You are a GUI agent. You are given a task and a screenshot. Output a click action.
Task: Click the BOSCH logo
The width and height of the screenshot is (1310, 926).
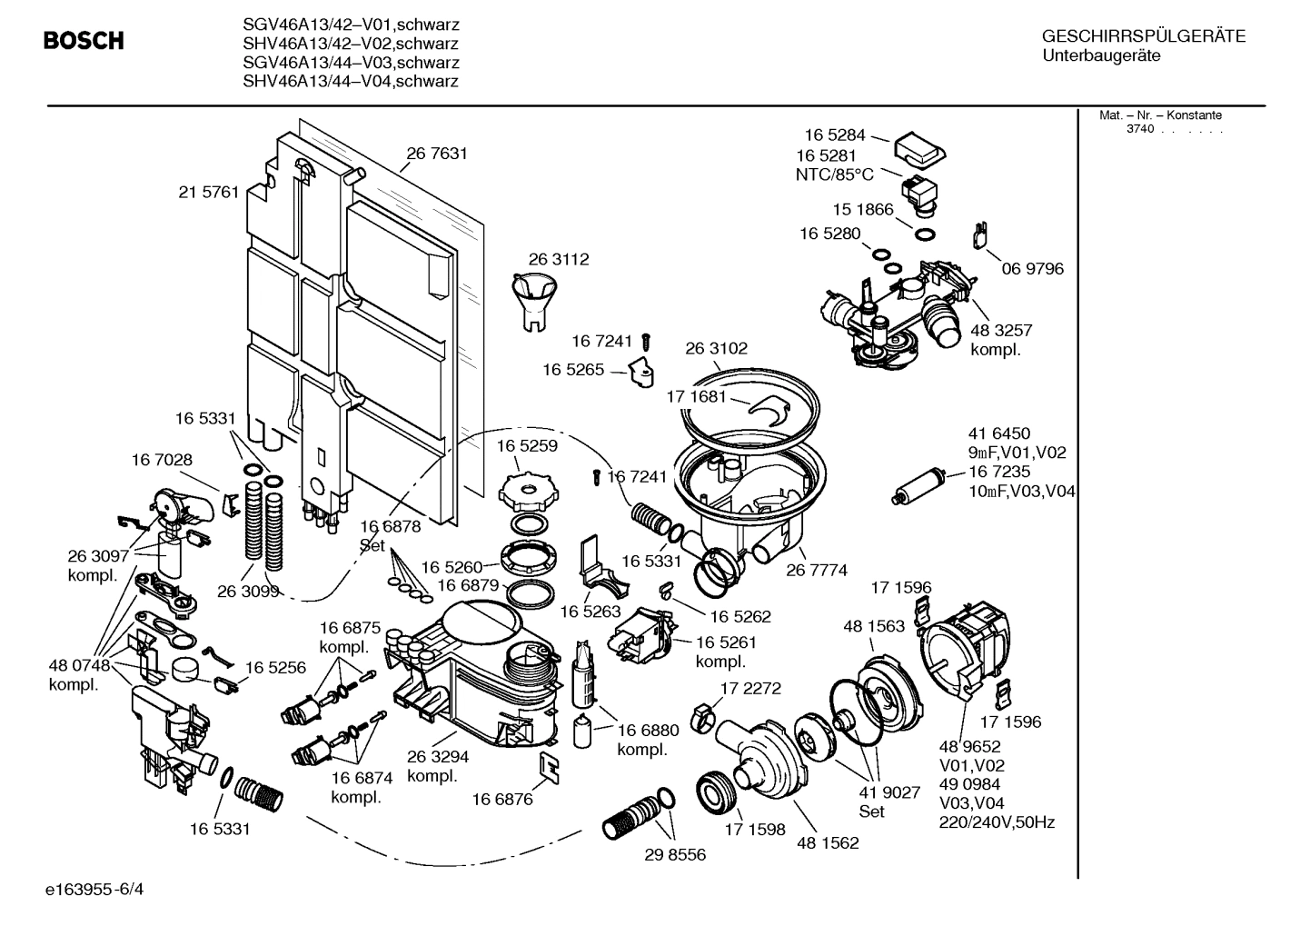click(84, 41)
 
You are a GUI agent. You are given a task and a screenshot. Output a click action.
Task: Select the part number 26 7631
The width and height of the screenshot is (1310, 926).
click(437, 154)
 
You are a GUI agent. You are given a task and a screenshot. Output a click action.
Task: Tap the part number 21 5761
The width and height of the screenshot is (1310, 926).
click(209, 192)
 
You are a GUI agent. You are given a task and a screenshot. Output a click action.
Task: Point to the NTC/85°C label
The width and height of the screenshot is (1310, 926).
click(834, 174)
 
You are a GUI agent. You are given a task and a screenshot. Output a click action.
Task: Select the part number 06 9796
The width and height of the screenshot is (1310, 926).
click(1032, 269)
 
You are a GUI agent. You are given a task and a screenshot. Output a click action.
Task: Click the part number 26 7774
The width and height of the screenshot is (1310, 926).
click(817, 570)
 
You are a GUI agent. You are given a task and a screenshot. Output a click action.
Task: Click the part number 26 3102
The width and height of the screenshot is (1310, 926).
click(716, 348)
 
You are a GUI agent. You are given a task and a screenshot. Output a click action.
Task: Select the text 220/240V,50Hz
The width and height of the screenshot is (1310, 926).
click(997, 822)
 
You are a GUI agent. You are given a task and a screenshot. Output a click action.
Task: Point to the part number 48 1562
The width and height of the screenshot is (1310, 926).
click(828, 842)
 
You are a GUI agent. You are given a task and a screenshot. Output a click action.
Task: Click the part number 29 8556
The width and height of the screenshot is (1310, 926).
click(674, 855)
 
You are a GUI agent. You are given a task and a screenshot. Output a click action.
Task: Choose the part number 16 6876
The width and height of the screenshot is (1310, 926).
click(502, 799)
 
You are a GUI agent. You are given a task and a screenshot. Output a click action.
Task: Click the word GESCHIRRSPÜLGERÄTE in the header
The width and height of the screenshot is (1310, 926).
click(1143, 36)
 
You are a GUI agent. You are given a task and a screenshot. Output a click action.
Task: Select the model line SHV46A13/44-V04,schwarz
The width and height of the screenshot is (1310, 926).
click(351, 82)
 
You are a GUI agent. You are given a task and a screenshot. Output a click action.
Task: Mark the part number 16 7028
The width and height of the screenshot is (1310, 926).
click(162, 460)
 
